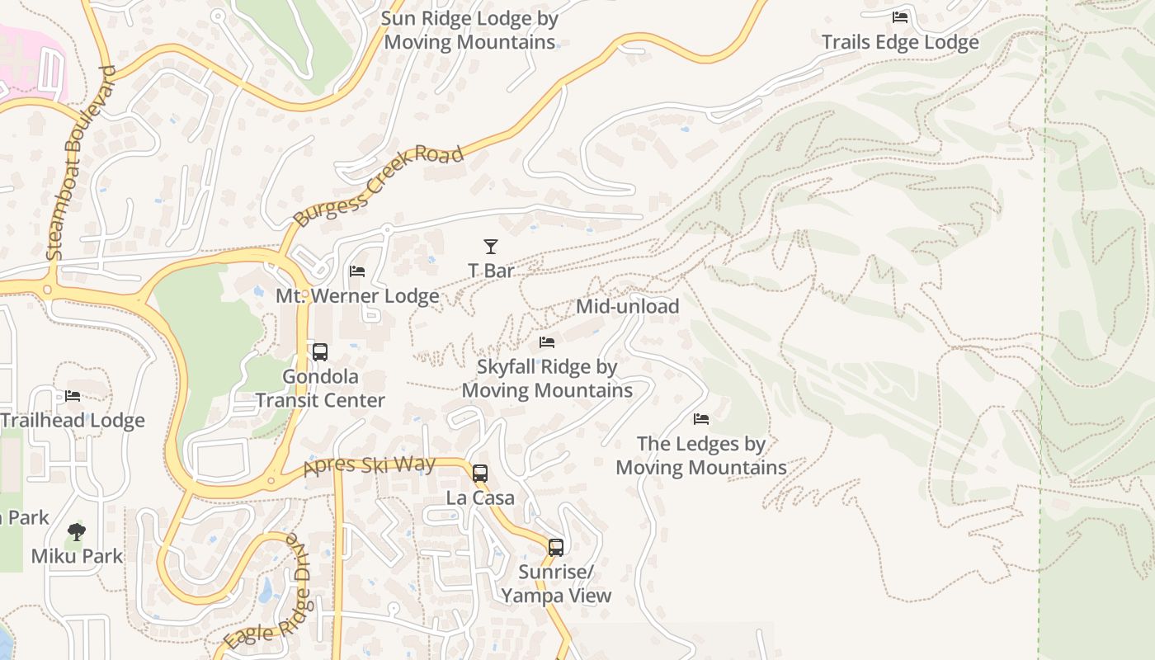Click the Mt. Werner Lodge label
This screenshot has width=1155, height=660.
357,295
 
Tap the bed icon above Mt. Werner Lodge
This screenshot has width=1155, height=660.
357,271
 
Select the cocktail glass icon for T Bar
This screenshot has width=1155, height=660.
491,246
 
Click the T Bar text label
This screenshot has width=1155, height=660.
491,271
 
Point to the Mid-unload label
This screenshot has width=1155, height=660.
627,306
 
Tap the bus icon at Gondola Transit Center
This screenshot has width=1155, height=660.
320,352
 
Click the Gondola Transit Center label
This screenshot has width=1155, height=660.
320,389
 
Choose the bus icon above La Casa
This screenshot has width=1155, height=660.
480,474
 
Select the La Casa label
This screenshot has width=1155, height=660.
480,497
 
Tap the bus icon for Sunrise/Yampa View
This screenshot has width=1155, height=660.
556,547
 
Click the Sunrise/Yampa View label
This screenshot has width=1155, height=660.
556,583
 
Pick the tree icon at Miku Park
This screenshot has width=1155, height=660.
77,531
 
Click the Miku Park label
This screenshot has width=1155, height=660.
77,556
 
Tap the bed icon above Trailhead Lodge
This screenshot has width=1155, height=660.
73,396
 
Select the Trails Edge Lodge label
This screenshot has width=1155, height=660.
900,42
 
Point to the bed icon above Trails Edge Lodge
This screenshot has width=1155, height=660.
900,17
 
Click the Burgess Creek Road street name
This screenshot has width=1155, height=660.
379,186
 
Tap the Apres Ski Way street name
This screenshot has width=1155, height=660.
369,465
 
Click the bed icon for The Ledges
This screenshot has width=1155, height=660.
701,419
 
